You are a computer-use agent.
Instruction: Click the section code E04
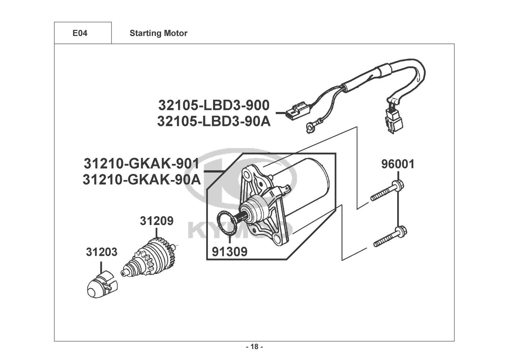click(80, 33)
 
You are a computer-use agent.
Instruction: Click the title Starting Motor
click(158, 33)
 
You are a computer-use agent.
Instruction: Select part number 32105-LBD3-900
click(214, 105)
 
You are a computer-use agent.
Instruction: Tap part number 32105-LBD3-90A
click(214, 121)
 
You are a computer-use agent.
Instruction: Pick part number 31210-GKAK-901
click(142, 163)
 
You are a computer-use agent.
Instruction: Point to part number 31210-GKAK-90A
click(142, 180)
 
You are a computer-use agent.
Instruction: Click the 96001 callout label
click(398, 164)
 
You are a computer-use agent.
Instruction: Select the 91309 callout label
click(229, 252)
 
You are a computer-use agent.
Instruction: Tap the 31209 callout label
click(156, 221)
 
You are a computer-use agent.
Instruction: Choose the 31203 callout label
click(101, 252)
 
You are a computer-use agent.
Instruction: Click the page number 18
click(255, 347)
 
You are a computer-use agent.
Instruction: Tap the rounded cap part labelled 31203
click(102, 284)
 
